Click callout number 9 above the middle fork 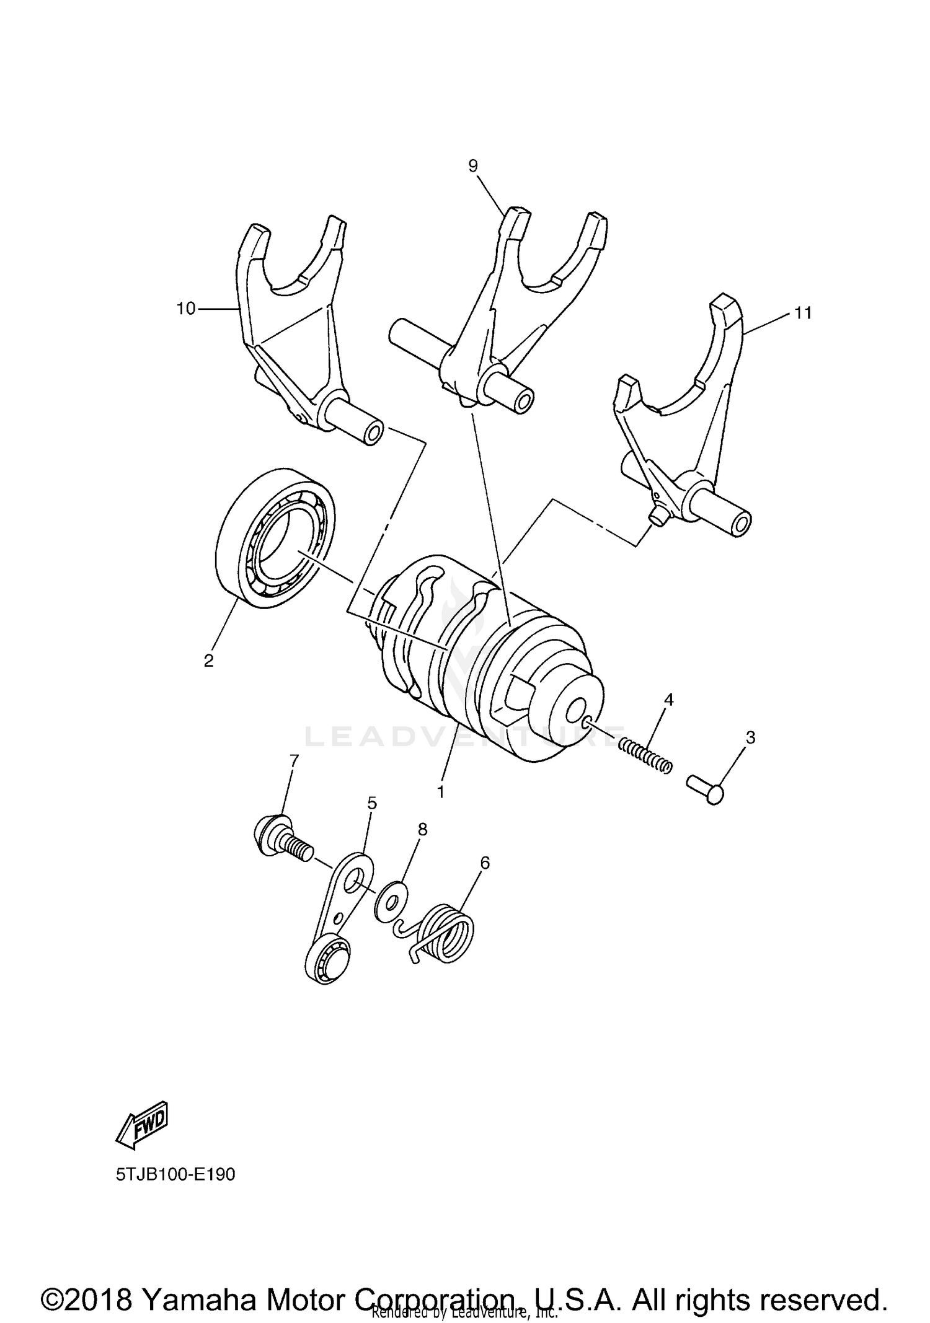pos(473,166)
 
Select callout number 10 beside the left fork pos(186,309)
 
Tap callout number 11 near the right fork pos(803,314)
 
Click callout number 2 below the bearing pos(209,661)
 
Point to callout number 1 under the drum pos(441,792)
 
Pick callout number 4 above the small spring pos(668,700)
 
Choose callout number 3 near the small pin pos(751,737)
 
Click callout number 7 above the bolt pos(294,760)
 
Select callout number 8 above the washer pos(423,829)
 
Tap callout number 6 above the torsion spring pos(485,863)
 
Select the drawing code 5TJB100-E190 pos(175,1174)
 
